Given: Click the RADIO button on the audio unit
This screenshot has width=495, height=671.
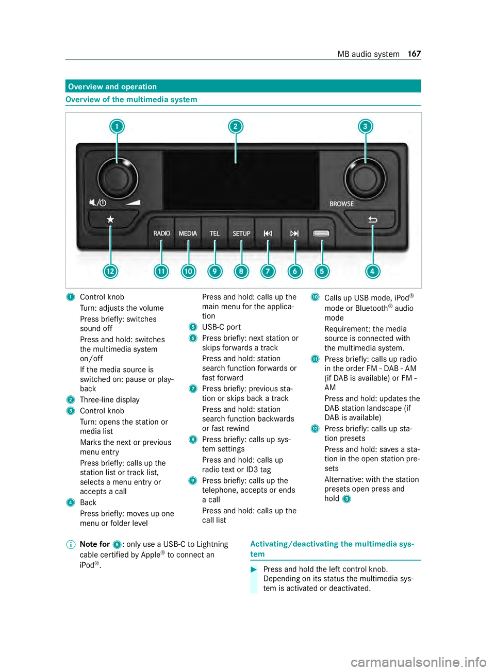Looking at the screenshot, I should pos(161,233).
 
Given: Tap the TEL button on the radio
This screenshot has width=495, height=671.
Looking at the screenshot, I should pos(214,233).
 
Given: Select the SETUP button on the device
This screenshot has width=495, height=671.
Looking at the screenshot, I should pos(241,233).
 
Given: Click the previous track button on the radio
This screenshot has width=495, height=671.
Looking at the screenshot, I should pos(268,233).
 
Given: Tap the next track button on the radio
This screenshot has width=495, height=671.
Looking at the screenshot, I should pos(294,233).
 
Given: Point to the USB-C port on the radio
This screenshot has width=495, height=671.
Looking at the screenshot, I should pos(321,233).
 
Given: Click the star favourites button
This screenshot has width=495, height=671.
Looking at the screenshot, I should pos(110,220).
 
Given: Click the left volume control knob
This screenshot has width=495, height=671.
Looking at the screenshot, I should pos(117,178).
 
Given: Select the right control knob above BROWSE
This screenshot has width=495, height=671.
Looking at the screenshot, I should pos(365,178).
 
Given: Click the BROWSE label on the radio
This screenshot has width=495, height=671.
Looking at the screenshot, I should pos(342,204).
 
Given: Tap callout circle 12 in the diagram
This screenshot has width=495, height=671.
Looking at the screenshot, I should pos(110,271).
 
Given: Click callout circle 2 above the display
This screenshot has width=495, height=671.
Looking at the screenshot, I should pos(236,126).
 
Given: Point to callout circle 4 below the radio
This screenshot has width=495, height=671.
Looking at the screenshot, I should pos(372,271).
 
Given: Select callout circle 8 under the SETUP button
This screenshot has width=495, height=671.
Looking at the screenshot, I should pos(241,271).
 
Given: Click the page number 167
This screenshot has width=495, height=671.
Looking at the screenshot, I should pos(415,54).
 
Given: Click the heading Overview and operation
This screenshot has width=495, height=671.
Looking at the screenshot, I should pos(112,87).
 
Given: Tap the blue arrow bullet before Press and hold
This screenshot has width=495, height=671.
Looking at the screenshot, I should pos(254,569).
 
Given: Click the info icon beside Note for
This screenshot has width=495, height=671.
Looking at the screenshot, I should pos(70,545).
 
